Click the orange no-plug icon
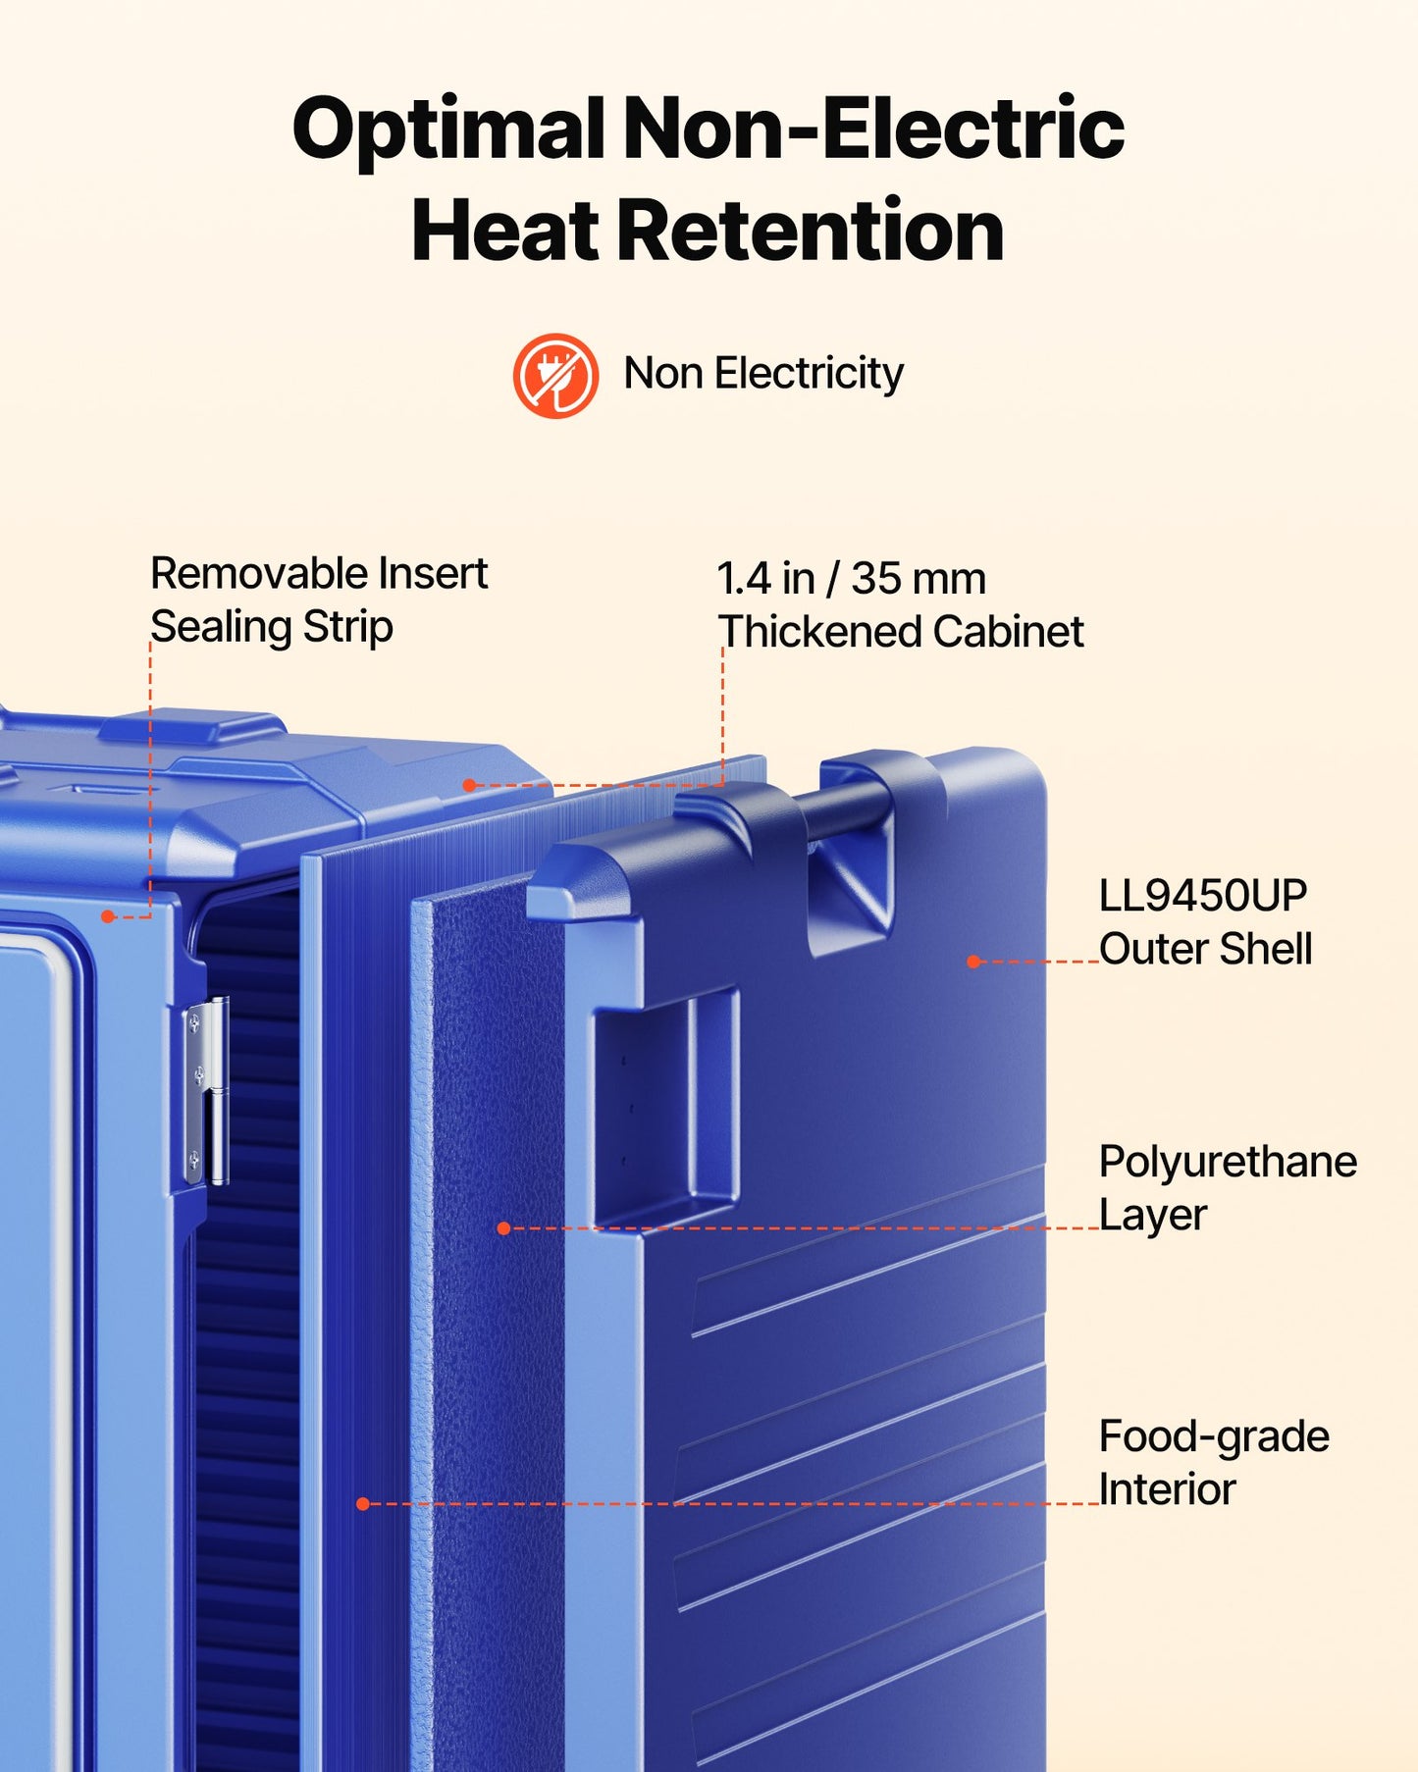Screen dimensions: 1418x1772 tap(555, 376)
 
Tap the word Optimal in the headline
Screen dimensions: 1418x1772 tap(448, 131)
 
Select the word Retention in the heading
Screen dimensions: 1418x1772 tap(810, 231)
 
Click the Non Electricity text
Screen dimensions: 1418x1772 tap(763, 374)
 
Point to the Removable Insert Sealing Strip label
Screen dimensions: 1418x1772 tap(319, 599)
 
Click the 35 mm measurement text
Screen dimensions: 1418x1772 tap(919, 578)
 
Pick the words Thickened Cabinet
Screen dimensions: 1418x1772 tap(901, 631)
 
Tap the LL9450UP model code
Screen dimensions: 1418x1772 tap(1203, 895)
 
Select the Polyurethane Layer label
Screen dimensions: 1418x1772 tap(1228, 1188)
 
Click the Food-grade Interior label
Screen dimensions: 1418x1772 tap(1214, 1462)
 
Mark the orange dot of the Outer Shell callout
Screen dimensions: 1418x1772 tap(973, 962)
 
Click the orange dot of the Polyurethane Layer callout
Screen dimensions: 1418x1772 tap(503, 1228)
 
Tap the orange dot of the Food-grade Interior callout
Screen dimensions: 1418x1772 tap(363, 1503)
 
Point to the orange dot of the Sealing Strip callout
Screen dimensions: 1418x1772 tap(108, 916)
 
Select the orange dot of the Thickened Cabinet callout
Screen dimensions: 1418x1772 tap(469, 785)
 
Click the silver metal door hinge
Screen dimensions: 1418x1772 tap(206, 1090)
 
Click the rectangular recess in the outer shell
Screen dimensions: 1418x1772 tap(665, 1106)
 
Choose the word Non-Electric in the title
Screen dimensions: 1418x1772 tap(873, 130)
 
